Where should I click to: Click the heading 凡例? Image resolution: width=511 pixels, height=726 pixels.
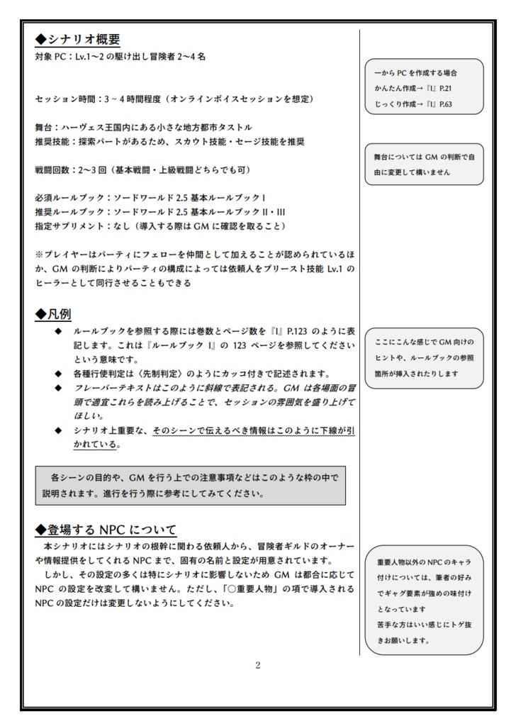[53, 313]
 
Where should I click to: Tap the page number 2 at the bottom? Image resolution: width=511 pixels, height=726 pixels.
[258, 664]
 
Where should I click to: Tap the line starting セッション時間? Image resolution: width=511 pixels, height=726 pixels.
[174, 99]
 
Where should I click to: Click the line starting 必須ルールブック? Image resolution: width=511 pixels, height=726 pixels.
[150, 197]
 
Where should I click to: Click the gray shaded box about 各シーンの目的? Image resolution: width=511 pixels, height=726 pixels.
[190, 485]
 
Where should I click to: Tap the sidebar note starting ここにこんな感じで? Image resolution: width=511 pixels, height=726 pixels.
[424, 358]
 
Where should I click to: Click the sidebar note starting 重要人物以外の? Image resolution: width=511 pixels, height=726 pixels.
[424, 601]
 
